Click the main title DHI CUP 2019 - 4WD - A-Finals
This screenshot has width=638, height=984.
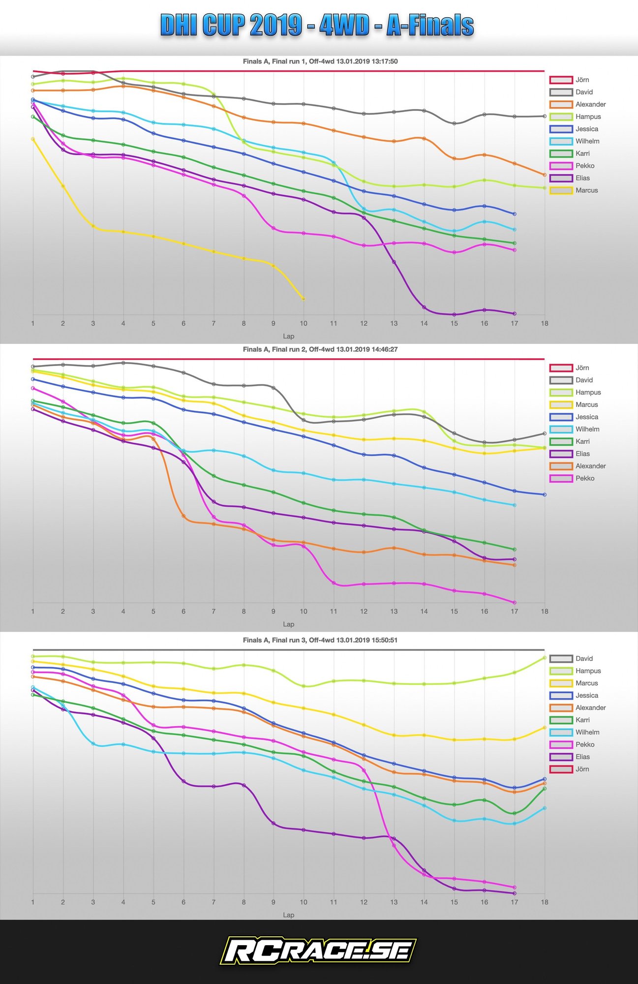pos(317,26)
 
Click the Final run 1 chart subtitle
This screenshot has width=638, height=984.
pos(320,61)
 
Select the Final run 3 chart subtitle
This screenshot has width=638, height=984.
pos(320,640)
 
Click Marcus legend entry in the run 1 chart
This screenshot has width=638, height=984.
pos(586,190)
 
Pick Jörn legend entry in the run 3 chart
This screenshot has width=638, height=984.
pos(582,769)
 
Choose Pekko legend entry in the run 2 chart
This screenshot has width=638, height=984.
pos(584,478)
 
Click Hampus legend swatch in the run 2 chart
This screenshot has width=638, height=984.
pos(561,392)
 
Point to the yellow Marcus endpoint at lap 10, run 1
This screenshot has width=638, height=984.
pos(304,299)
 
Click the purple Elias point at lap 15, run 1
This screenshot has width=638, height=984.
pos(454,314)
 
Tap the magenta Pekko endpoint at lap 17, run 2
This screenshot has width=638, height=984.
pos(515,602)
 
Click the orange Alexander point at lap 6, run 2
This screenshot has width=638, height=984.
pos(183,516)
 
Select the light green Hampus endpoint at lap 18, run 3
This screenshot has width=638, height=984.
pos(545,657)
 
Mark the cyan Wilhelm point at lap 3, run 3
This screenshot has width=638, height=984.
pos(93,743)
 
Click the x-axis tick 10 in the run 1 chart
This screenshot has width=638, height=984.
pos(304,323)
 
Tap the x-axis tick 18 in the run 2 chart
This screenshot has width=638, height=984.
pos(545,611)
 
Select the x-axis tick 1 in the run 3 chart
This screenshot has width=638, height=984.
pos(33,902)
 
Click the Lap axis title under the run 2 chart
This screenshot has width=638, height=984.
pos(288,624)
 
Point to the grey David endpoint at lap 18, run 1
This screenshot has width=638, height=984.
pos(545,116)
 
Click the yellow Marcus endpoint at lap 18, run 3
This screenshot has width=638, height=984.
pos(545,727)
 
